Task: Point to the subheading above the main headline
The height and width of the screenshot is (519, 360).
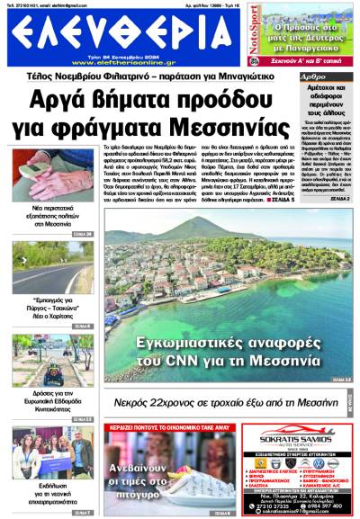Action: point(180,77)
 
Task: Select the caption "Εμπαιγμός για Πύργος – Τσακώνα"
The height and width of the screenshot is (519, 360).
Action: point(39,311)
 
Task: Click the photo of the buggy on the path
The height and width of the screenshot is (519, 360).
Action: point(39,356)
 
